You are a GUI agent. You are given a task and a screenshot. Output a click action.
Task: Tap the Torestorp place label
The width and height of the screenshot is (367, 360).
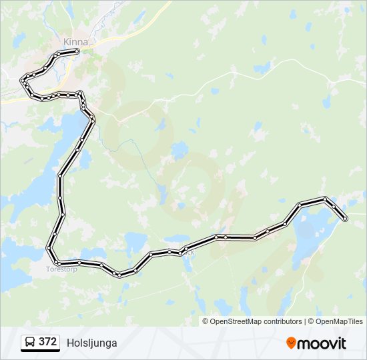click(61, 270)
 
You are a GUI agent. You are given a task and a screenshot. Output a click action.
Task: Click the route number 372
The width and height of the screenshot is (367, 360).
click(47, 342)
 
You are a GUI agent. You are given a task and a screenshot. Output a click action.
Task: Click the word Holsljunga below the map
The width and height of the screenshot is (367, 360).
click(92, 343)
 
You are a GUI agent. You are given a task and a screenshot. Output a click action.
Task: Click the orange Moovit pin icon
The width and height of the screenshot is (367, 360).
click(292, 343)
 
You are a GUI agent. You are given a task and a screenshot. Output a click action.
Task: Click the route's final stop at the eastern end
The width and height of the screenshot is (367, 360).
click(345, 219)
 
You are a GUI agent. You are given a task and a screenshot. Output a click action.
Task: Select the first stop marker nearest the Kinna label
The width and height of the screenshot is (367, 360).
click(77, 51)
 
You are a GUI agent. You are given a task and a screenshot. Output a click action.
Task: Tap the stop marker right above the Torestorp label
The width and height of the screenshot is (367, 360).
click(59, 263)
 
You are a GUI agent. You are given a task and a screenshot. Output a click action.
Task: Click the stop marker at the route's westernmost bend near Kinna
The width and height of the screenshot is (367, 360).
click(23, 81)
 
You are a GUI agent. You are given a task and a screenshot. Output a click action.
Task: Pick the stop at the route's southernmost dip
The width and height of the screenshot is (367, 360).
click(119, 275)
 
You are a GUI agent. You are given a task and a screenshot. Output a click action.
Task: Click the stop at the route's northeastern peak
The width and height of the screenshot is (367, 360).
click(324, 199)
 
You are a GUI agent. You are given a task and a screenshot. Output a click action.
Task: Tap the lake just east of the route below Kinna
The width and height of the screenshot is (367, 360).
click(69, 127)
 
